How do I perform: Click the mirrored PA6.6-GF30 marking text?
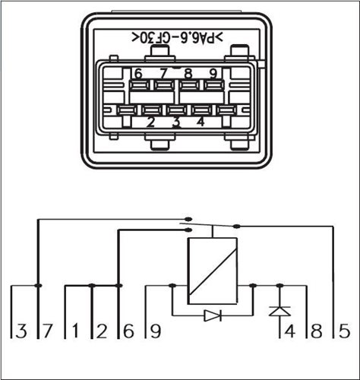177,38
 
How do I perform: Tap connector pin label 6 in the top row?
138,74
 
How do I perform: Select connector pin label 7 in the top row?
163,74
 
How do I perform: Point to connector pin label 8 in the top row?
188,74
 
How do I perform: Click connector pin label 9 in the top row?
213,74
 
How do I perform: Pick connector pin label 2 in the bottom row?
150,122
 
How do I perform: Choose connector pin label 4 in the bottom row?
201,122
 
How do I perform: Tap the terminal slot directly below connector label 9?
214,85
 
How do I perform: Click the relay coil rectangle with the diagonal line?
212,271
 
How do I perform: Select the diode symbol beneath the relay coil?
213,315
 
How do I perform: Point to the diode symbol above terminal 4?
279,311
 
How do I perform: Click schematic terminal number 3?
21,331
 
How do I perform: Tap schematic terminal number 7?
47,331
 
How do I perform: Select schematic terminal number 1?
74,331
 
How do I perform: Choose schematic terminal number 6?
128,331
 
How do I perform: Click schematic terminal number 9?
155,331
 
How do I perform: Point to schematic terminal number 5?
344,331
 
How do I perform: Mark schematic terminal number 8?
317,331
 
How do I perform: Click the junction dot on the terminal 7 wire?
38,286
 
